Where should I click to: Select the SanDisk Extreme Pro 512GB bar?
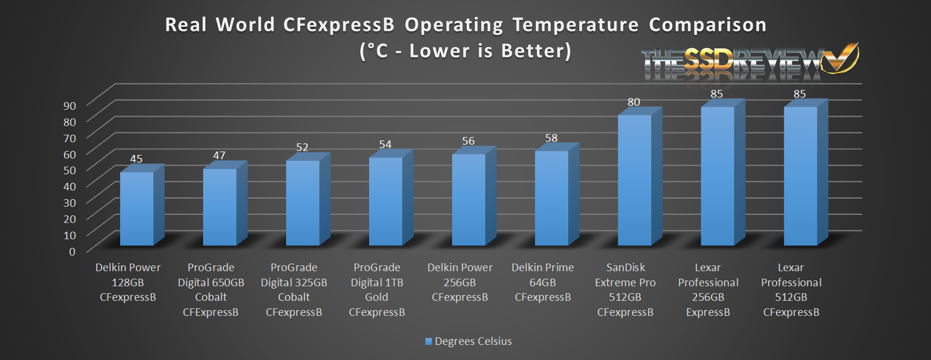coord(634,180)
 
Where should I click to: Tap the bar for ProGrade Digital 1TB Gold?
coord(385,201)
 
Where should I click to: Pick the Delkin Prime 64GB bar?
coord(551,197)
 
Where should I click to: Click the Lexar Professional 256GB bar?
coord(717,176)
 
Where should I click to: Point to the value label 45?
coord(136,159)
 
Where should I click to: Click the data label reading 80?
coord(634,102)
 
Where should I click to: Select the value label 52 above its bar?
coord(302,147)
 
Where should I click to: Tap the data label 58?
coord(551,138)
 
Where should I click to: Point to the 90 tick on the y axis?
coord(70,106)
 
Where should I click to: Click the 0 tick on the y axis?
coord(73,251)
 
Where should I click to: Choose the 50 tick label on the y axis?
coord(70,170)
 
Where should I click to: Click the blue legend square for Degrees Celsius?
coord(429,341)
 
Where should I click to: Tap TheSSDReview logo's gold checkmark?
coord(843,57)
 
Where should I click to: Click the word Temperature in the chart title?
coord(575,25)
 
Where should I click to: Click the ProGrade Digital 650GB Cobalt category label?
coord(211,290)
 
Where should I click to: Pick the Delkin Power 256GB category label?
coord(460,282)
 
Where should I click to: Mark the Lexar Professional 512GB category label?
coord(791,290)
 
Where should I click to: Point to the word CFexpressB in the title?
coord(338,25)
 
